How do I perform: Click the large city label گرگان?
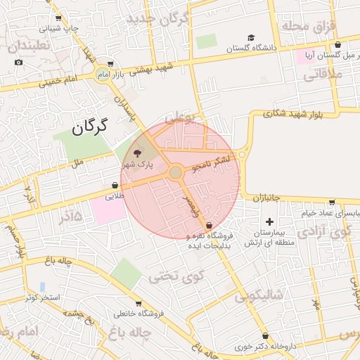[89, 127]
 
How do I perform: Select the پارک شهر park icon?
[137, 153]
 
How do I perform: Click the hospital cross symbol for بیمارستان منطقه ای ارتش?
[269, 221]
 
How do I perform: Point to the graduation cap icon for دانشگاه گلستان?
[251, 38]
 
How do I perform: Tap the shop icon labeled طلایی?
[115, 186]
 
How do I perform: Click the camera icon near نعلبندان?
[18, 62]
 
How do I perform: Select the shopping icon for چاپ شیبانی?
[58, 18]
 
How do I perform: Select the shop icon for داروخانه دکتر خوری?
[265, 336]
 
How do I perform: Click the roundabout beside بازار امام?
[103, 75]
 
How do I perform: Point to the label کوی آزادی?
[323, 232]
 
